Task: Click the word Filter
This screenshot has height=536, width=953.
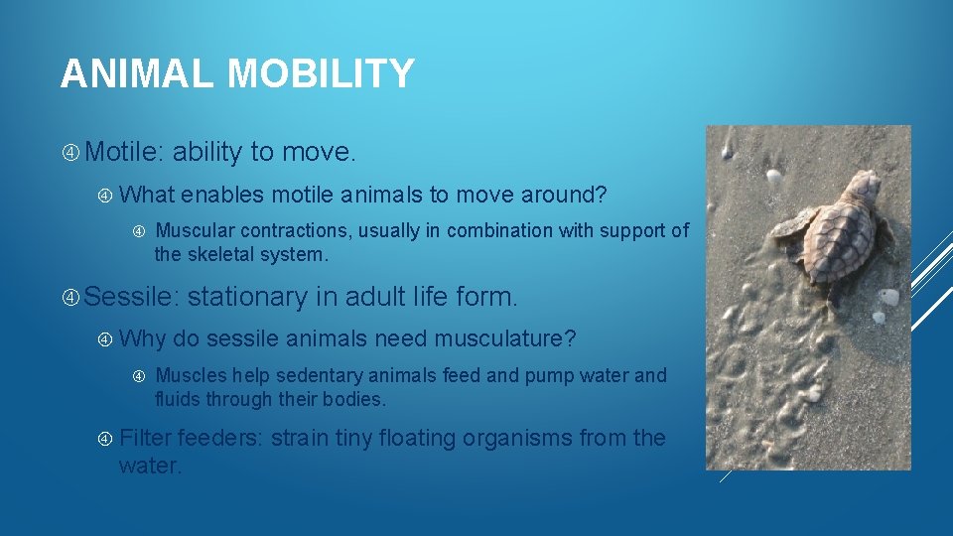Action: click(145, 438)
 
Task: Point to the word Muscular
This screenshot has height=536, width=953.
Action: click(202, 230)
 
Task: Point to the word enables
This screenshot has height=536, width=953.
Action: click(223, 196)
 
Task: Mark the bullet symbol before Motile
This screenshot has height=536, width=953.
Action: click(70, 153)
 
